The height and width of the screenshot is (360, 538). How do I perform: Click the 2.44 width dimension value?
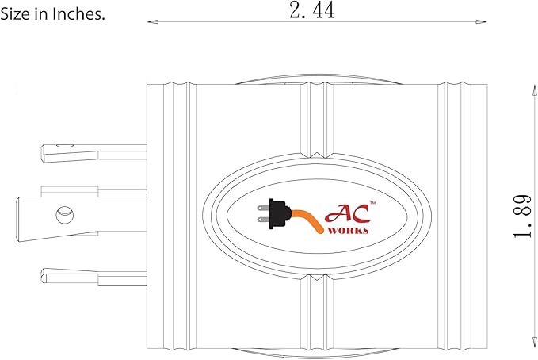click(x=312, y=10)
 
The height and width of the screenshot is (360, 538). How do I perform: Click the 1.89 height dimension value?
click(x=522, y=216)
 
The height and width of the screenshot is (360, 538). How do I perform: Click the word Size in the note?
click(x=15, y=14)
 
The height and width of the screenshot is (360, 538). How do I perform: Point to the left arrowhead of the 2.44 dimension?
click(x=153, y=22)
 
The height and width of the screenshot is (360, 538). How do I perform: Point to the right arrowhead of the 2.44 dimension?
click(x=481, y=22)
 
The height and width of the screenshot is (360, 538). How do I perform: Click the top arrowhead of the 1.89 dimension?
click(x=534, y=90)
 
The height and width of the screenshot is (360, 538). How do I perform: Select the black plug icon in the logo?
click(x=274, y=213)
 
